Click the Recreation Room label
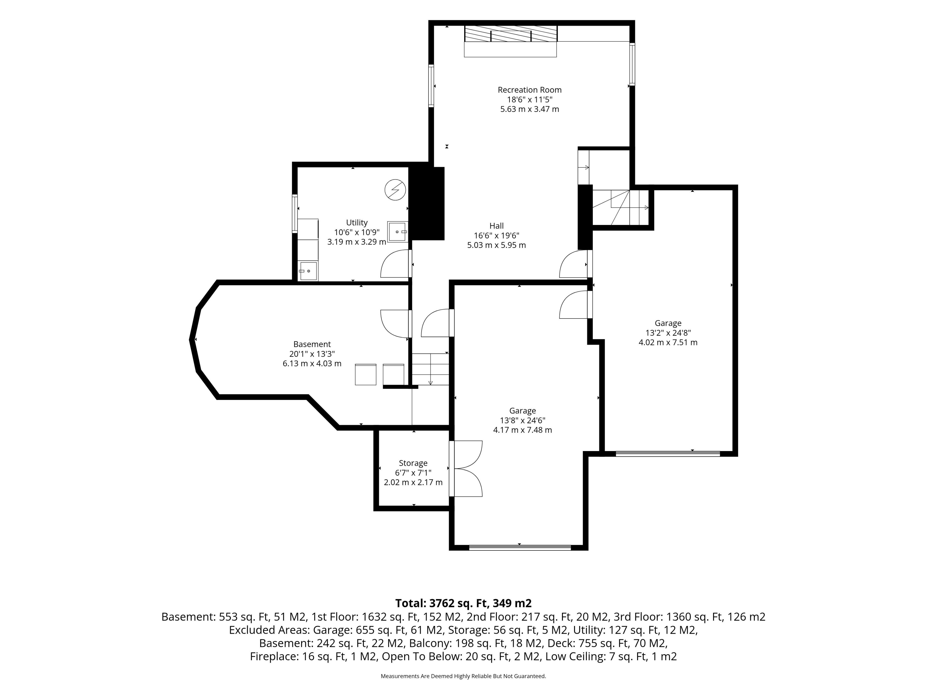pyautogui.click(x=529, y=90)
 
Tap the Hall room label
pyautogui.click(x=497, y=226)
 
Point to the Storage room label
pyautogui.click(x=413, y=463)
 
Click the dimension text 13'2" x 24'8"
pyautogui.click(x=668, y=333)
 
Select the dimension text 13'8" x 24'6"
pyautogui.click(x=523, y=420)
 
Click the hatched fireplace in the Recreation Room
pyautogui.click(x=510, y=34)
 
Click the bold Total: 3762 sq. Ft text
pyautogui.click(x=463, y=603)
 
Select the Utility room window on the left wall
pyautogui.click(x=295, y=214)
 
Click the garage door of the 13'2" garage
pyautogui.click(x=667, y=453)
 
